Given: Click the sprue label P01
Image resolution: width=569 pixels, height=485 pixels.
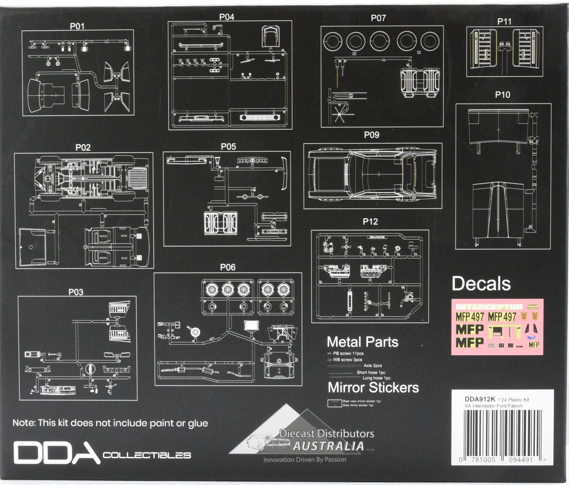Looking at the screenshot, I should coord(77,26).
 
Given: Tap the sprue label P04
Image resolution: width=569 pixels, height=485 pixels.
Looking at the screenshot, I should coord(226,17).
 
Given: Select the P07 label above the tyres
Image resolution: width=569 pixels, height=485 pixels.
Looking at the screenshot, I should coord(378,18).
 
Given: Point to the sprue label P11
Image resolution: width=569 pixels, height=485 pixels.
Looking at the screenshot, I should coord(504,22).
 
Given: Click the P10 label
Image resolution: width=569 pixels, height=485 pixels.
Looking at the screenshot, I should coord(502,95).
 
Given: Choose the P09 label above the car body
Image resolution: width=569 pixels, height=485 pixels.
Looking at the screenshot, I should coord(371,135).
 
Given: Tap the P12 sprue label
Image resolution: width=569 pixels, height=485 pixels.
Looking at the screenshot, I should coord(370,221).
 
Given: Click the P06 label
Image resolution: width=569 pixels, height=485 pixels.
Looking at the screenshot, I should coord(228,267).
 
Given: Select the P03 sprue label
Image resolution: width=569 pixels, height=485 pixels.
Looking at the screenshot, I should coord(76,292).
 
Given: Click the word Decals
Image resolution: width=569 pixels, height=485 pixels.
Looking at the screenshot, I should coord(481,284).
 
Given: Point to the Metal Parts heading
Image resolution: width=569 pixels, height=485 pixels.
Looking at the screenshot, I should coord(362,342).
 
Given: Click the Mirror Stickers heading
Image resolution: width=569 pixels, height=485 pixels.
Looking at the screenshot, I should coord(373,388).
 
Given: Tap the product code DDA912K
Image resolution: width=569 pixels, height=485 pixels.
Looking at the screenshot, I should coord(480,399).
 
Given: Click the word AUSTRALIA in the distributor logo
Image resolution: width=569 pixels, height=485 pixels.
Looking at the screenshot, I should coord(328,446).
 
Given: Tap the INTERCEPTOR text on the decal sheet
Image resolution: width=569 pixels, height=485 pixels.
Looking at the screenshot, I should coord(489,307).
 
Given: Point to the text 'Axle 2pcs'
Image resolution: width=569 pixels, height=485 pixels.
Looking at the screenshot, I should coord(373,366).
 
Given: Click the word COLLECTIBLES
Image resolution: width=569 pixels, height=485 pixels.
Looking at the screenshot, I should coord(147,455).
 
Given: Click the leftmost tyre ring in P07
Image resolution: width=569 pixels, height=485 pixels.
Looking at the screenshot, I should coord(332,41).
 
